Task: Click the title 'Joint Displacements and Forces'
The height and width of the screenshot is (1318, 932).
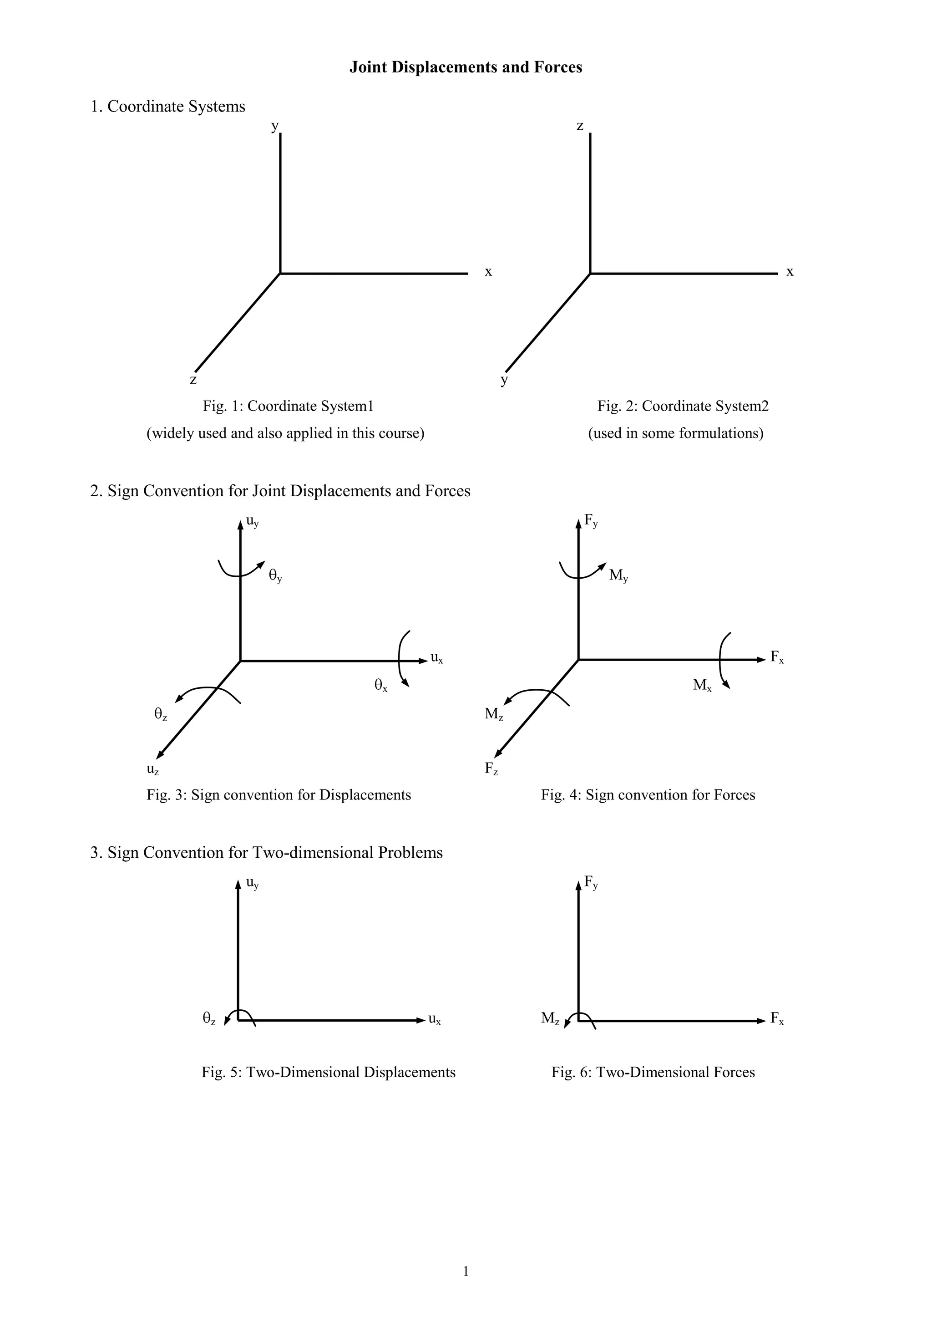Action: coord(466,67)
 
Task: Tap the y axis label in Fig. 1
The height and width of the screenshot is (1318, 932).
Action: coord(275,125)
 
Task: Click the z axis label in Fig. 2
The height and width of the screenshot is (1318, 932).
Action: coord(580,125)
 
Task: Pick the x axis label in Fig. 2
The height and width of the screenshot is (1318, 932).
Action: coord(790,271)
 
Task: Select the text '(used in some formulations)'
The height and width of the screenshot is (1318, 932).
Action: coord(675,433)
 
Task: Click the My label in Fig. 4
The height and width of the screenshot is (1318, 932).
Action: coord(618,575)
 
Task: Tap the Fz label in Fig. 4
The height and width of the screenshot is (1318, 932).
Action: coord(491,768)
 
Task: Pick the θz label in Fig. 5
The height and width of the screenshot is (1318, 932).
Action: coord(209,1018)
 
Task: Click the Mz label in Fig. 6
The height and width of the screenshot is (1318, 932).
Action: coord(550,1018)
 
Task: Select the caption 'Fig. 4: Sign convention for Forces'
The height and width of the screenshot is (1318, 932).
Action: coord(648,795)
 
